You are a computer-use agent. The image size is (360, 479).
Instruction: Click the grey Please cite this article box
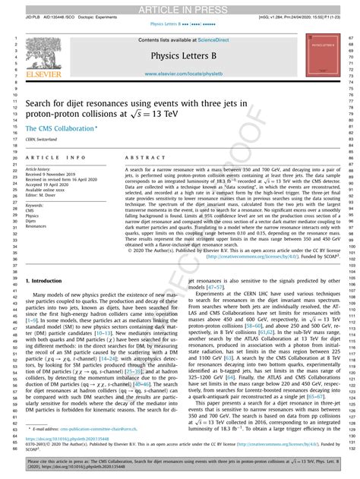pyautogui.click(x=179, y=463)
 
